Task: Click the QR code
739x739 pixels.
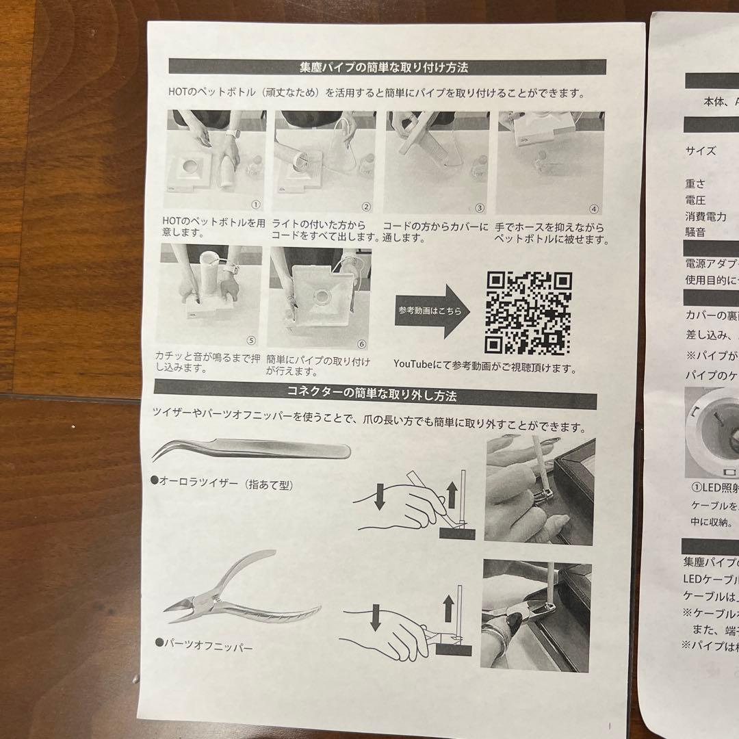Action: click(x=528, y=312)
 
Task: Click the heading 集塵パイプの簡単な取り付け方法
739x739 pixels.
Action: click(x=387, y=67)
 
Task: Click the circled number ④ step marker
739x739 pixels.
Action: click(x=594, y=209)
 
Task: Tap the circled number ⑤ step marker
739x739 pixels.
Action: click(x=250, y=339)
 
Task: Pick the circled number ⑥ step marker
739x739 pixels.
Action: click(x=362, y=343)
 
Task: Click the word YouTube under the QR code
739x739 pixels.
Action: click(x=413, y=367)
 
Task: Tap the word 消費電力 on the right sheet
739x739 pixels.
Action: click(x=706, y=217)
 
